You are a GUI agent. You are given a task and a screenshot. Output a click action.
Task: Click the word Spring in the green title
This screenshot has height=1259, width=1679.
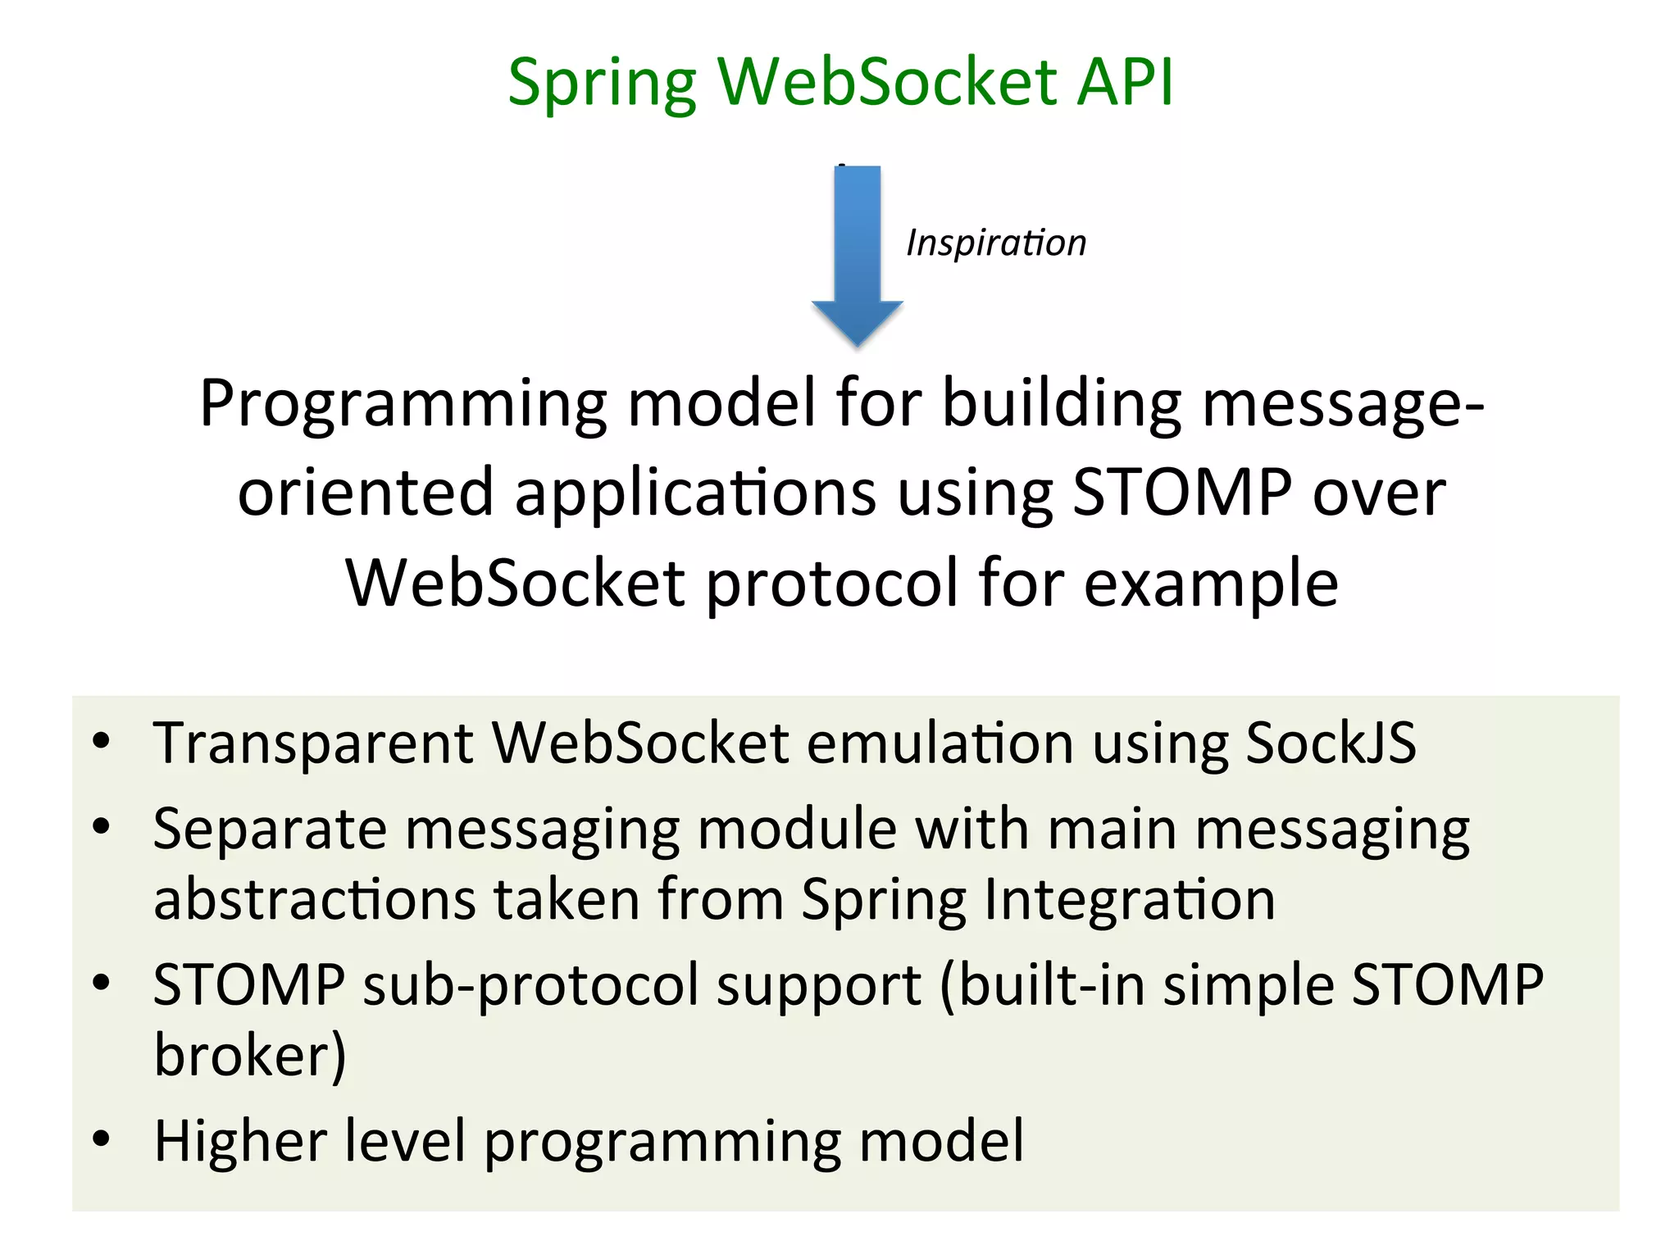[x=602, y=84]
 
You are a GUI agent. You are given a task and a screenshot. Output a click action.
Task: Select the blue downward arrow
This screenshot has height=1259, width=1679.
[x=857, y=254]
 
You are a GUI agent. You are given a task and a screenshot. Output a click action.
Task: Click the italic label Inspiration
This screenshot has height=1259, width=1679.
[x=995, y=243]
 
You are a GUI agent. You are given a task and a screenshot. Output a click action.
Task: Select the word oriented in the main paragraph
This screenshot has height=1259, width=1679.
[x=366, y=493]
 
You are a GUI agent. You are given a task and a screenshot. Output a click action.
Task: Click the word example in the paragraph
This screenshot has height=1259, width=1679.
[x=1211, y=584]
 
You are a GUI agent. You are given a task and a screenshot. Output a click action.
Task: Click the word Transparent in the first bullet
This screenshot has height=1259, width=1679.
[x=313, y=743]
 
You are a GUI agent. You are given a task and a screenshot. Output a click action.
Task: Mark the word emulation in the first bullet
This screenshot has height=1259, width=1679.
[x=940, y=743]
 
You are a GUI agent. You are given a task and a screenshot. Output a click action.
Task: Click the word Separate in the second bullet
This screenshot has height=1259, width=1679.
[x=270, y=829]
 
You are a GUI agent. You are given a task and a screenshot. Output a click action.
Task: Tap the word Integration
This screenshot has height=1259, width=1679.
[x=1129, y=899]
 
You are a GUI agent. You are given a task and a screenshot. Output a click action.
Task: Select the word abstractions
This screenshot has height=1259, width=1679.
[x=315, y=899]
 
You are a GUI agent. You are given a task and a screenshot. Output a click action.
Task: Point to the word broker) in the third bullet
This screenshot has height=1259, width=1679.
[x=250, y=1054]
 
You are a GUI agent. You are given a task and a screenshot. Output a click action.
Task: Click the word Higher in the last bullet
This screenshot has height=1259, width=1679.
[x=240, y=1140]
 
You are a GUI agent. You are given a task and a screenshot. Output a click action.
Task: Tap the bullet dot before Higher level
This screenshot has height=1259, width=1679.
[x=101, y=1139]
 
